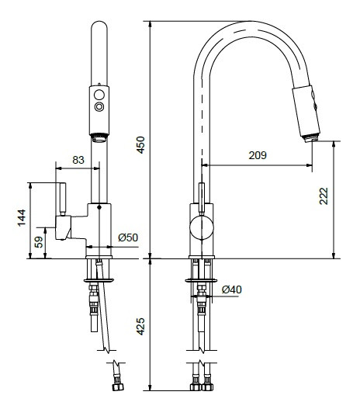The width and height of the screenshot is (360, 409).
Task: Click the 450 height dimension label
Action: pyautogui.click(x=140, y=145)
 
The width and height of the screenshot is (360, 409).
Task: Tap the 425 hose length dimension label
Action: pyautogui.click(x=140, y=326)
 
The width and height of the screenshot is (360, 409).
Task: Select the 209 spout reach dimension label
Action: pyautogui.click(x=258, y=155)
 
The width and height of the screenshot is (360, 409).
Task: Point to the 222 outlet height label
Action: pyautogui.click(x=324, y=196)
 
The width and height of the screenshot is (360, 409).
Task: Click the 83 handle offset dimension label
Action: pyautogui.click(x=78, y=160)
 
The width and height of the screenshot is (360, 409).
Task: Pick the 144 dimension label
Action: pyautogui.click(x=22, y=217)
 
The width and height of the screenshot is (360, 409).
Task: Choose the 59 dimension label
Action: pyautogui.click(x=39, y=242)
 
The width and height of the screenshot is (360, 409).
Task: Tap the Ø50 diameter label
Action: pyautogui.click(x=128, y=237)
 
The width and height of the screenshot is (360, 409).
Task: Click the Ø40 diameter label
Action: pyautogui.click(x=232, y=289)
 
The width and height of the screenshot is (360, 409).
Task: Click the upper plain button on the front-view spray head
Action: pyautogui.click(x=99, y=95)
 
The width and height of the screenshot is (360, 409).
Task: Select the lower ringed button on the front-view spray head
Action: pyautogui.click(x=99, y=106)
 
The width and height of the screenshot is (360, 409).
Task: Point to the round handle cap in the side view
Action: pyautogui.click(x=202, y=227)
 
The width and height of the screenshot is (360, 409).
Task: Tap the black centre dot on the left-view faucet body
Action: pyautogui.click(x=99, y=207)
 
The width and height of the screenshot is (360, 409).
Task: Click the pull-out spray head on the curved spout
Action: pyautogui.click(x=306, y=112)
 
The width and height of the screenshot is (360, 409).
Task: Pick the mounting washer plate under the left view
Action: pyautogui.click(x=99, y=281)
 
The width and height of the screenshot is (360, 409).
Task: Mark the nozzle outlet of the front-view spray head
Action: pyautogui.click(x=99, y=138)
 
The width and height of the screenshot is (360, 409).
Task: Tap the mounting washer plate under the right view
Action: pyautogui.click(x=201, y=281)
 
